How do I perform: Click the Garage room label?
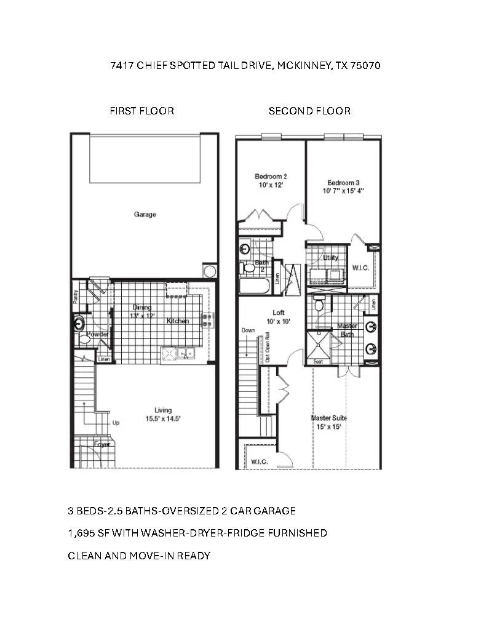click(145, 214)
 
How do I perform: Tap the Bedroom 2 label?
click(271, 177)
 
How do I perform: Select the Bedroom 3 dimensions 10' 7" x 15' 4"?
click(343, 191)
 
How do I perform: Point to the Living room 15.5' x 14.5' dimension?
click(163, 418)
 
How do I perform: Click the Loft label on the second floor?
click(279, 313)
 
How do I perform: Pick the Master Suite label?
click(329, 418)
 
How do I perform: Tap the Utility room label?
click(330, 257)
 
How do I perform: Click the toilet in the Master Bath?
click(319, 304)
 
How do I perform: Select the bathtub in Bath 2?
click(255, 286)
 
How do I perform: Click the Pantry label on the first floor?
click(76, 297)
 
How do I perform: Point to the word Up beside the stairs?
click(116, 422)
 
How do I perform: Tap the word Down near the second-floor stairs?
click(248, 330)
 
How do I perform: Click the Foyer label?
click(102, 444)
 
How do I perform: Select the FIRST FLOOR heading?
click(142, 111)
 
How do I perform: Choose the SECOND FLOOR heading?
click(309, 111)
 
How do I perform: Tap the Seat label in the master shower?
click(318, 361)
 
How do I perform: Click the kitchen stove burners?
click(207, 320)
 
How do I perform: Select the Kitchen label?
click(178, 321)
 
